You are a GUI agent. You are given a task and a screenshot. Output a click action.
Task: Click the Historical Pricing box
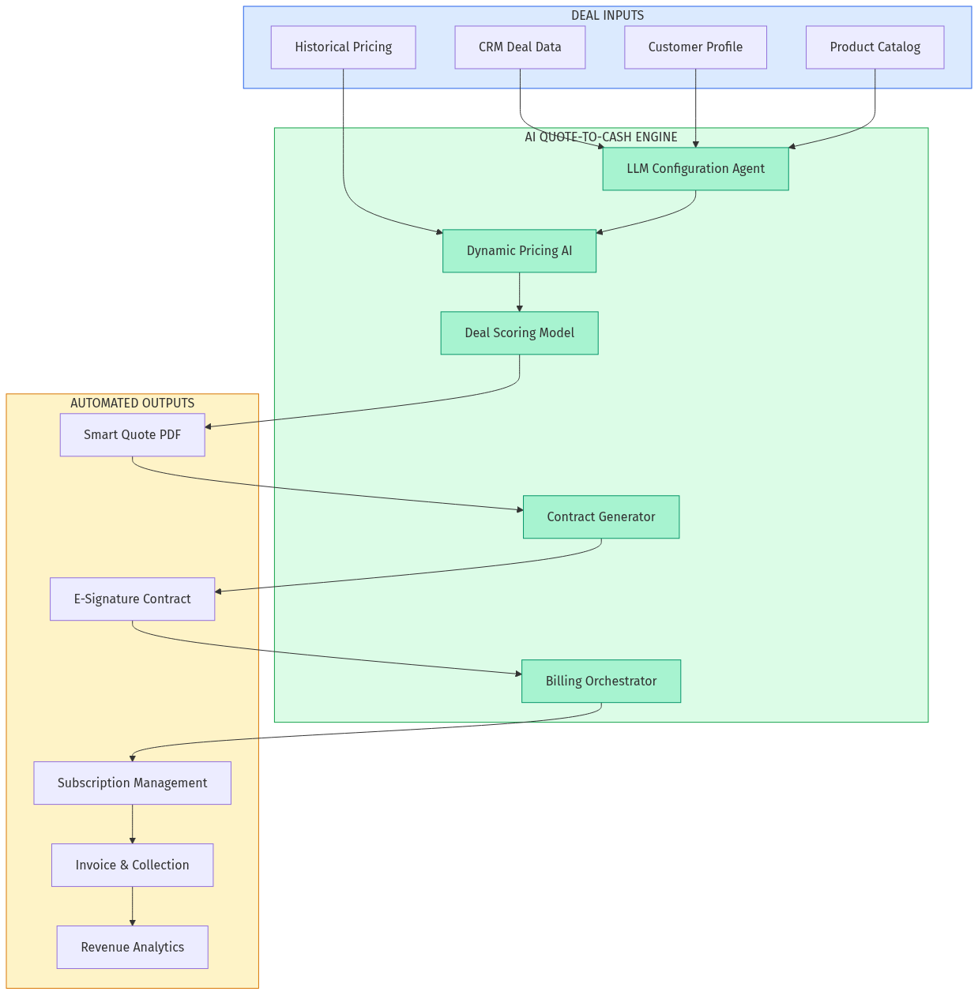(x=343, y=47)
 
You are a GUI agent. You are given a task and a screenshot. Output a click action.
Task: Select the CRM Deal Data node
(x=520, y=47)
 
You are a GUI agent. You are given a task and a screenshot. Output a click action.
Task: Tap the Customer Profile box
(x=695, y=47)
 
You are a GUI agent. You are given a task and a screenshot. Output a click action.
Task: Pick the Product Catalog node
(x=875, y=47)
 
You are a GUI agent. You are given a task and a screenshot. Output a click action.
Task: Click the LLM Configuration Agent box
(x=695, y=169)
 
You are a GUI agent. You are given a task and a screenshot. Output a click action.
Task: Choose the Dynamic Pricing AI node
(x=519, y=251)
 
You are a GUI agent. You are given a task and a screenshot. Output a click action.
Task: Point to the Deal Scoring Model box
(x=519, y=333)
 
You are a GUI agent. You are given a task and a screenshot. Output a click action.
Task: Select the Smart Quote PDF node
(x=132, y=435)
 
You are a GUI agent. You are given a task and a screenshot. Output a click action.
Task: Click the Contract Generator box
(x=600, y=517)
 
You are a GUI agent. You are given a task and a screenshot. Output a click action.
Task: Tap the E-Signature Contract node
(x=132, y=599)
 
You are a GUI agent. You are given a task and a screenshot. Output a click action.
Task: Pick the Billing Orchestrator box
(x=600, y=681)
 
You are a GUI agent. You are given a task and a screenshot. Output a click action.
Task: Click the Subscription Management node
(x=132, y=783)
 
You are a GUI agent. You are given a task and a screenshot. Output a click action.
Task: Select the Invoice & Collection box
(x=132, y=865)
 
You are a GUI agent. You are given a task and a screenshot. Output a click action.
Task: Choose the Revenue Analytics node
(x=132, y=948)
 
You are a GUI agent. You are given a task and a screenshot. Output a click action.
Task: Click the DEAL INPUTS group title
(x=607, y=16)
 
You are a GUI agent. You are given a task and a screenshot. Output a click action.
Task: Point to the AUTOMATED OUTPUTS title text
(x=132, y=404)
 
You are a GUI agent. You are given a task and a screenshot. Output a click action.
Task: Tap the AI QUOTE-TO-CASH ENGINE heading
(x=600, y=137)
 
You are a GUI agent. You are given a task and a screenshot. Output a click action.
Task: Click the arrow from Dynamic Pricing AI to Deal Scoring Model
(x=519, y=292)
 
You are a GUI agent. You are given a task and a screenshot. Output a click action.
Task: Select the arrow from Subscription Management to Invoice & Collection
(x=132, y=824)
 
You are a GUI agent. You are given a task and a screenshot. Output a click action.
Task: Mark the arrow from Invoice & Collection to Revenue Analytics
(x=132, y=907)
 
